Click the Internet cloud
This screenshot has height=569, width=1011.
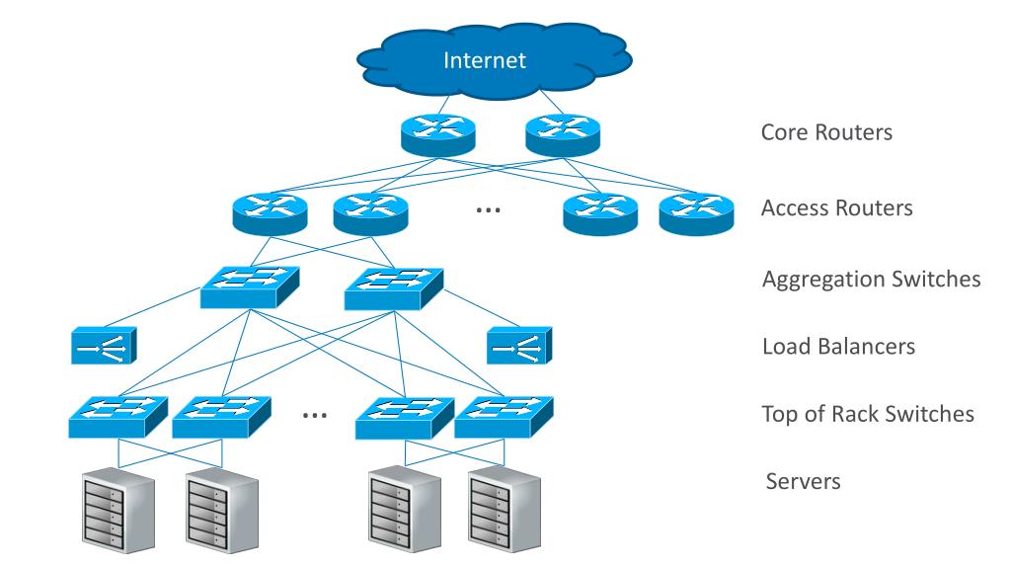495,60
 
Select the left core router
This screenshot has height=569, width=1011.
437,134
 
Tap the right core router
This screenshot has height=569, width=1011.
563,134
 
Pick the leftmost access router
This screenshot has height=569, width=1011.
271,213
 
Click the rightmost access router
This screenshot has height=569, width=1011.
696,213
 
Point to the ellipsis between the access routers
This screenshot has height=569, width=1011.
488,210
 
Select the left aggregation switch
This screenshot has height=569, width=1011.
250,287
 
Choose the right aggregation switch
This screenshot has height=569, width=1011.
394,288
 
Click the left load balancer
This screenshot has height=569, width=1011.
104,345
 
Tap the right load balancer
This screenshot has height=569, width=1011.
519,345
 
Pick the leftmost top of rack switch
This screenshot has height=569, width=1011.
118,418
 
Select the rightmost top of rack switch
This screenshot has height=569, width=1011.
504,418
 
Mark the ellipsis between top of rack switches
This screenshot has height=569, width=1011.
315,416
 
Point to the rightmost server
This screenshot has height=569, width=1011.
505,511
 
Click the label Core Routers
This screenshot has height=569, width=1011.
826,132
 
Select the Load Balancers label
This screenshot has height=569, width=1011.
839,347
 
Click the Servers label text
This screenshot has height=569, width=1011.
804,481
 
